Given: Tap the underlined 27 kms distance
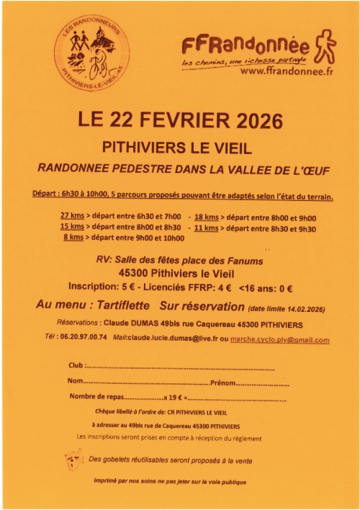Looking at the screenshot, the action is click(73, 216).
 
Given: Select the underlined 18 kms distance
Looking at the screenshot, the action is click(207, 216).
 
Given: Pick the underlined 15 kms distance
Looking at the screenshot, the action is click(73, 227).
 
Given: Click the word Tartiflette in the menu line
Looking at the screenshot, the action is click(127, 306).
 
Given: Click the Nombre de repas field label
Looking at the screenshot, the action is click(96, 398).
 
